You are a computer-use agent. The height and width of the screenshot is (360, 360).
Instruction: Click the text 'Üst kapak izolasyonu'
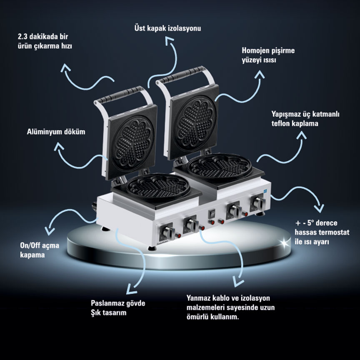(x=167, y=28)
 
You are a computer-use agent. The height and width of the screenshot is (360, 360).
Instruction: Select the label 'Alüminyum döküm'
(x=56, y=132)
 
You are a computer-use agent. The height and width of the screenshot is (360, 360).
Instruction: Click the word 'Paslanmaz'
(x=105, y=303)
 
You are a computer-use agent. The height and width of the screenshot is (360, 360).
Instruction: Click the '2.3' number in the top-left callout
(x=22, y=37)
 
